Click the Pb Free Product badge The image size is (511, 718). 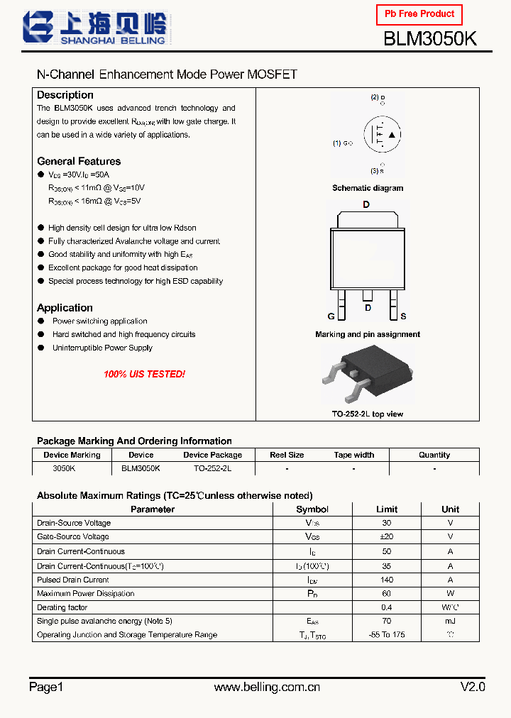[419, 14]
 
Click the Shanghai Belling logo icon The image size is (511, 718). [38, 28]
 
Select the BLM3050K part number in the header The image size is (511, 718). [430, 39]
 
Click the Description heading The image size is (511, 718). [65, 95]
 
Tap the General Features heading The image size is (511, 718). [79, 161]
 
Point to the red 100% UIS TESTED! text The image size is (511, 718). [144, 374]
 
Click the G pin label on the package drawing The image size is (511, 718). [331, 316]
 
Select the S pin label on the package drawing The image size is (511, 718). [403, 316]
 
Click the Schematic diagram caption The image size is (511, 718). [368, 188]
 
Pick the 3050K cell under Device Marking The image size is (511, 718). [64, 469]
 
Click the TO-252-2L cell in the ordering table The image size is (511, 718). [212, 469]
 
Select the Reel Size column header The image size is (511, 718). [287, 455]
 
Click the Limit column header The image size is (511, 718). [387, 509]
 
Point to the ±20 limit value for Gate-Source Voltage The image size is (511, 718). [387, 537]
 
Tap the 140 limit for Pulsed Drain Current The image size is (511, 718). [387, 580]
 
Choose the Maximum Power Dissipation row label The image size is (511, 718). [85, 594]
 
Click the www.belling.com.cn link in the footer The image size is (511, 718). [267, 687]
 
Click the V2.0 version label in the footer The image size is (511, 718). [473, 687]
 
